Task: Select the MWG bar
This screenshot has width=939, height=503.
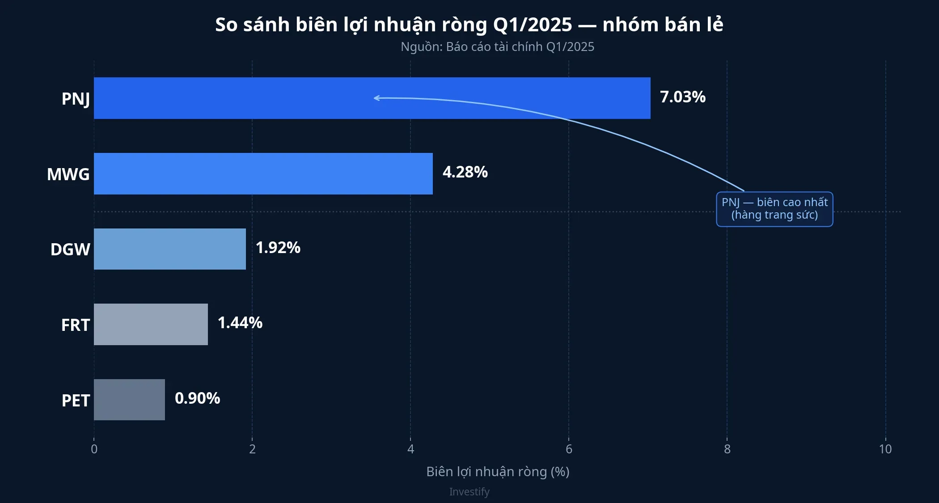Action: [x=263, y=173]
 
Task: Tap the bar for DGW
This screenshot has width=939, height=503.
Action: [x=169, y=249]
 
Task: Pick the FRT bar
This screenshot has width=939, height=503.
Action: [x=151, y=324]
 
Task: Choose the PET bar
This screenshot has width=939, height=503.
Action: [x=129, y=400]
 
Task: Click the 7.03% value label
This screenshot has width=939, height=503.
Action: [x=682, y=97]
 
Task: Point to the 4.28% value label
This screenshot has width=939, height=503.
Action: [x=465, y=172]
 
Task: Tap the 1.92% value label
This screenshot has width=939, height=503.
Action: [x=278, y=248]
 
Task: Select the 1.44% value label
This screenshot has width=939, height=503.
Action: [x=240, y=323]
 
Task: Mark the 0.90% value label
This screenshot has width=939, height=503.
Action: [x=197, y=398]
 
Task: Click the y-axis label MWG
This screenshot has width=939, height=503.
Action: [x=68, y=174]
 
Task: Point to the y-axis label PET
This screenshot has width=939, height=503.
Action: [x=76, y=401]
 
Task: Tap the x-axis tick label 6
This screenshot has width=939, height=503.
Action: [x=569, y=449]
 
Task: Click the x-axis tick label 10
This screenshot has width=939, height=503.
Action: [x=885, y=449]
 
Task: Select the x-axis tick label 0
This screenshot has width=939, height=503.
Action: [x=94, y=449]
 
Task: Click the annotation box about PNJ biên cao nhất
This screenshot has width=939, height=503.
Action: [x=774, y=209]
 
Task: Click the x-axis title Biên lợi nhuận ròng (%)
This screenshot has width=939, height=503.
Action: [x=498, y=472]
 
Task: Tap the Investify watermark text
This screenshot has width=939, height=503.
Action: [x=469, y=492]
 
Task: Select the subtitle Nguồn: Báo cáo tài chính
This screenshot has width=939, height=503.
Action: [x=497, y=47]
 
